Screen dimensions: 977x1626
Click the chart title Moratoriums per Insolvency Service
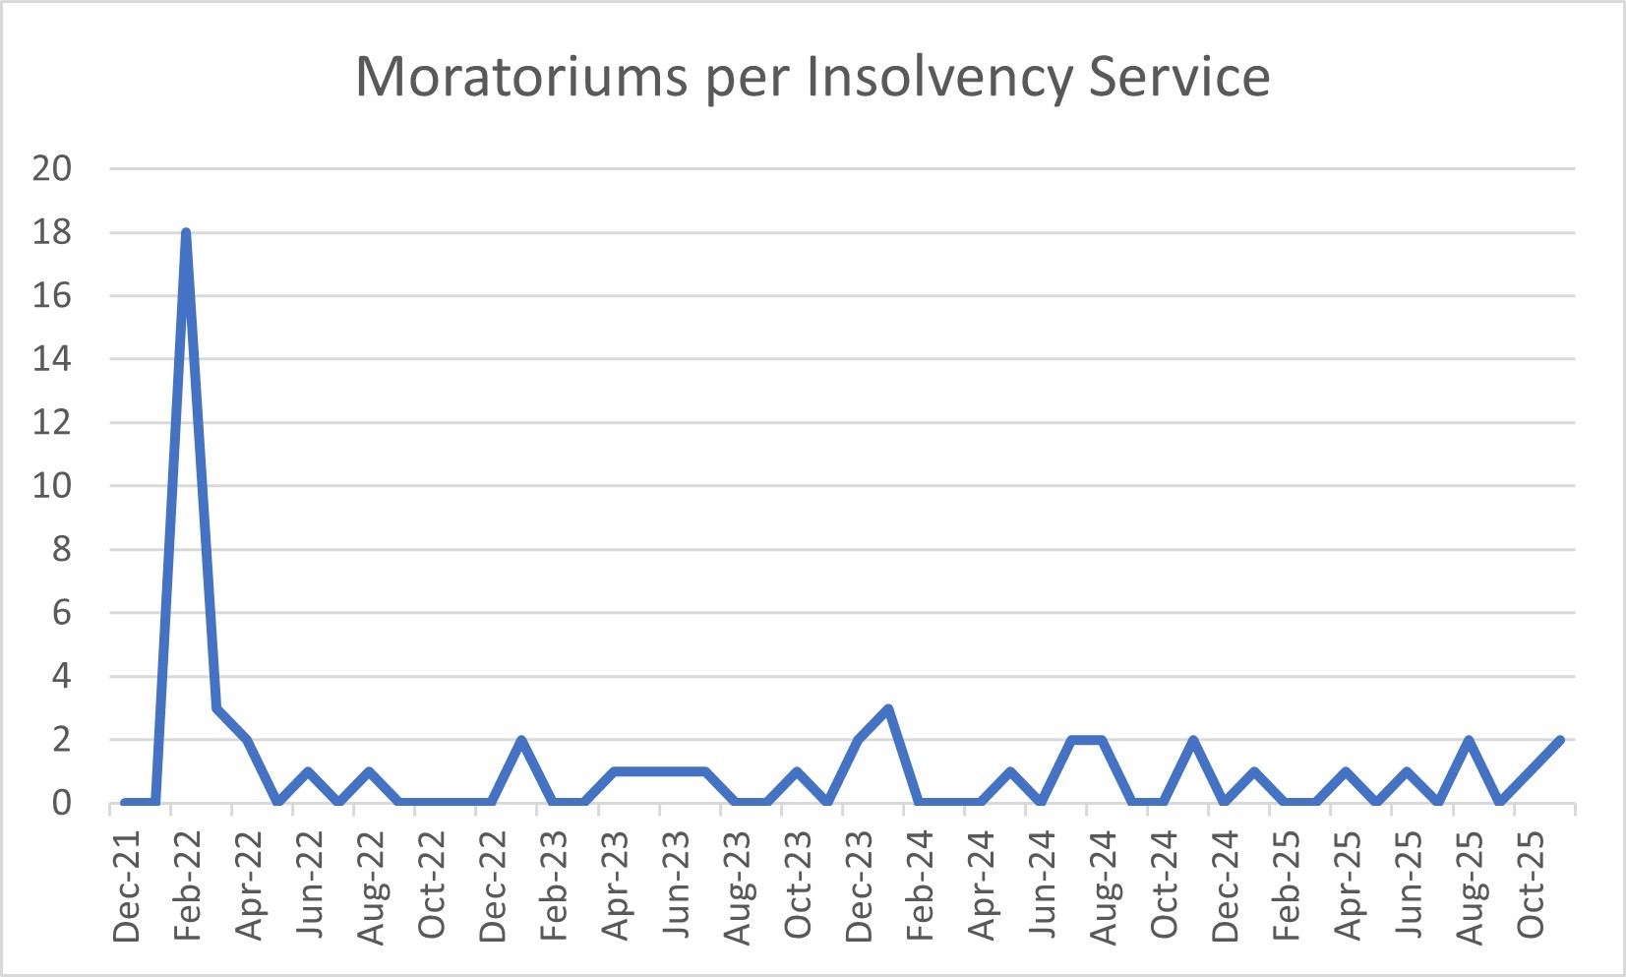tap(813, 77)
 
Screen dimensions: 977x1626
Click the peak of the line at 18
tap(186, 233)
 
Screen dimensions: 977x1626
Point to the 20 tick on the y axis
tap(52, 168)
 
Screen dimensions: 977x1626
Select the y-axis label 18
tap(52, 232)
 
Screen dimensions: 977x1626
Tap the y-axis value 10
tap(52, 485)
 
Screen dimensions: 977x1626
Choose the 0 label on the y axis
tap(61, 803)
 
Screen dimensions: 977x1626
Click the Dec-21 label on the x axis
tap(127, 886)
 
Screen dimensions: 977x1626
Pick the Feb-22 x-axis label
tap(188, 886)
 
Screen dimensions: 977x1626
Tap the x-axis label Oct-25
tap(1532, 886)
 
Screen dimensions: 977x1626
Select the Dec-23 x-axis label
tap(860, 886)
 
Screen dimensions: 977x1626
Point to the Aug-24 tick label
tap(1104, 886)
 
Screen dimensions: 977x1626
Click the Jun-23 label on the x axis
tap(677, 886)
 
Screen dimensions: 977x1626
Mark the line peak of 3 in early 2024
tap(888, 708)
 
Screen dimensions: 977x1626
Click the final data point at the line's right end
tap(1560, 740)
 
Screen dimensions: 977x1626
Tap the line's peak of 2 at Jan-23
tap(521, 740)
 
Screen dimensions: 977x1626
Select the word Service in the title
tap(1179, 77)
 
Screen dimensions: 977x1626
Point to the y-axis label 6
tap(61, 612)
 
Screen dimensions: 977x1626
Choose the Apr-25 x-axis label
tap(1349, 886)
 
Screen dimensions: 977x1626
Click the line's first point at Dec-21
tap(125, 803)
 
